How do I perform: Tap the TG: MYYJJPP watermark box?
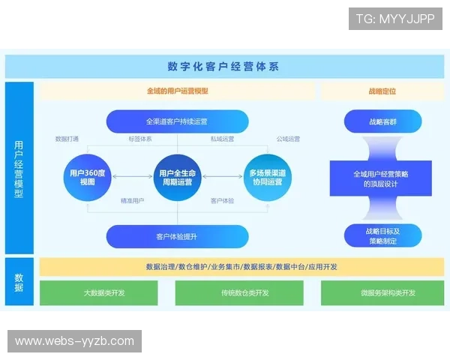click(395, 19)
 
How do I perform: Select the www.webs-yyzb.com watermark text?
click(74, 341)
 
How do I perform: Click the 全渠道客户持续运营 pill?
click(177, 121)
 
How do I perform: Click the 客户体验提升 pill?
click(177, 236)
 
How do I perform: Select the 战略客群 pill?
click(382, 121)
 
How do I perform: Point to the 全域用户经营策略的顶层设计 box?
click(382, 178)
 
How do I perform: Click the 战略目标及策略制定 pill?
click(382, 235)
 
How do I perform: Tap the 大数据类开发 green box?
click(104, 292)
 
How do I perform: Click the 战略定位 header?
click(382, 91)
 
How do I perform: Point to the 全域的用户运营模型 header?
click(177, 91)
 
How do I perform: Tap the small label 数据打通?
click(67, 139)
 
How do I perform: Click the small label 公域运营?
click(288, 139)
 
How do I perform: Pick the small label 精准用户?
click(133, 201)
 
